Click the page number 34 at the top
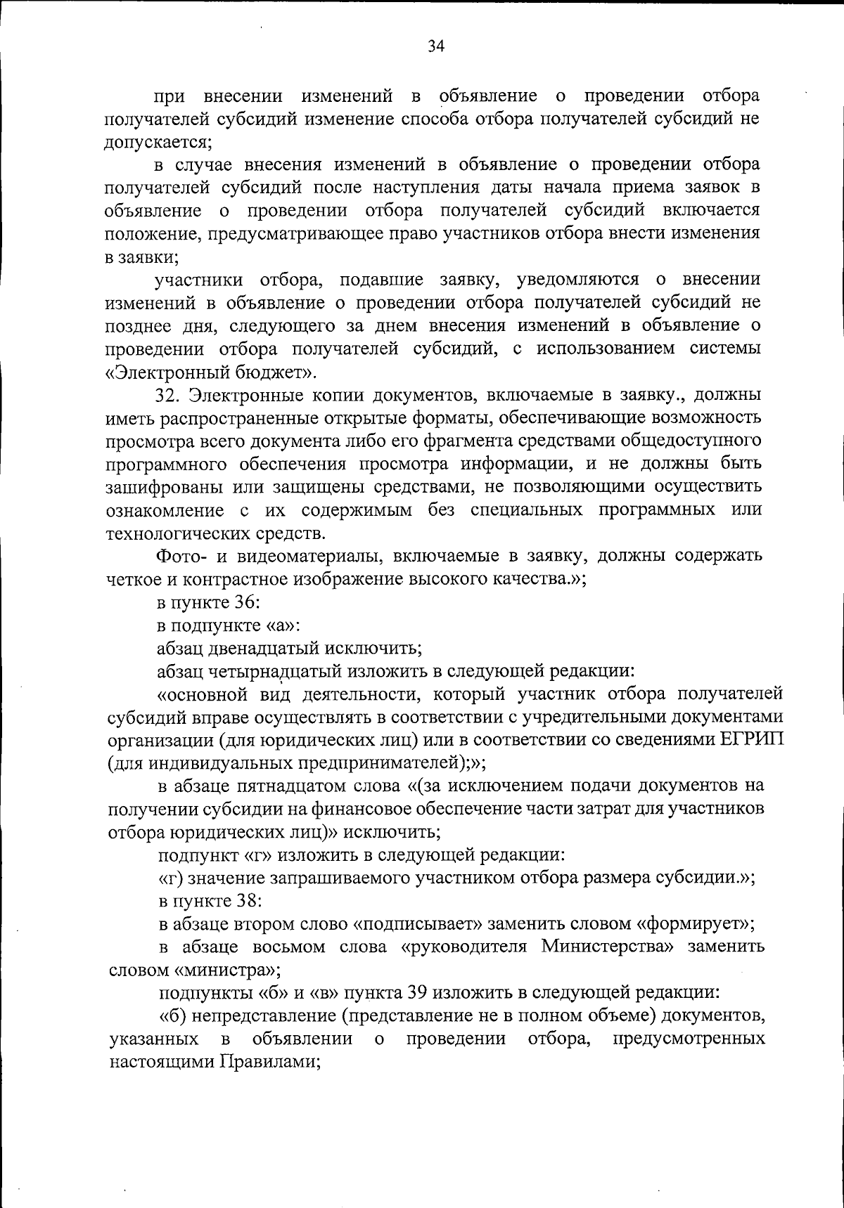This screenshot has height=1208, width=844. (435, 46)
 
